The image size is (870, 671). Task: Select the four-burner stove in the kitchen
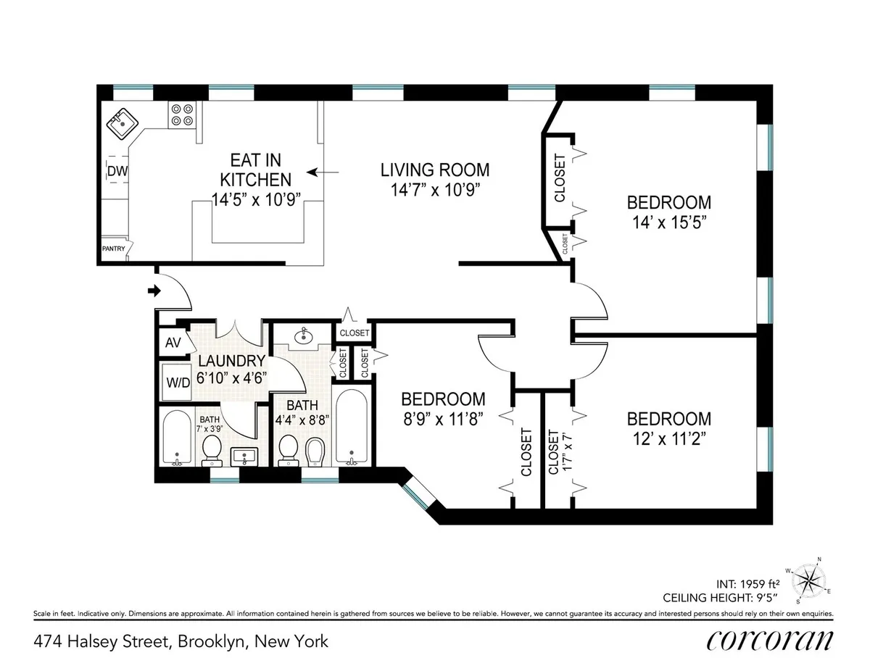[181, 114]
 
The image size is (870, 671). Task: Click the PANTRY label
[114, 249]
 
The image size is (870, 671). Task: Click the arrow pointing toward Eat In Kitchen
[322, 172]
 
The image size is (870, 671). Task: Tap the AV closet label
[173, 342]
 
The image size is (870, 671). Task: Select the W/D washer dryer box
[176, 382]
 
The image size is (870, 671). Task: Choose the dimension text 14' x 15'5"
[668, 222]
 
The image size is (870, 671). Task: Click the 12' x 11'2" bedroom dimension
[668, 438]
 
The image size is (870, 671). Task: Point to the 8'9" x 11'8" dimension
[443, 418]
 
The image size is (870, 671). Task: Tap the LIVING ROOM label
[435, 170]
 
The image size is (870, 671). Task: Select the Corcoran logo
[769, 640]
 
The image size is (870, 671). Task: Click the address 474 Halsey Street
[181, 641]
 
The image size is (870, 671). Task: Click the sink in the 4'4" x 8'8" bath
[303, 336]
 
